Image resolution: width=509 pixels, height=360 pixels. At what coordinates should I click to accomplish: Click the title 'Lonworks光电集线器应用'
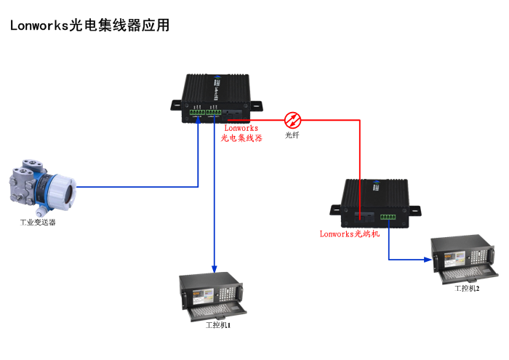point(90,25)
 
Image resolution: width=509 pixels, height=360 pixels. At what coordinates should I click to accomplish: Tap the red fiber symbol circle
point(292,119)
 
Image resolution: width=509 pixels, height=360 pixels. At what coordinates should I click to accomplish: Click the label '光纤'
point(292,135)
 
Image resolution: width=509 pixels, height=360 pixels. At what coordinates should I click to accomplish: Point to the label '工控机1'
point(218,324)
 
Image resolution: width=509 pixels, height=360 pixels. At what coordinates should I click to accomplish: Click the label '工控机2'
point(467,289)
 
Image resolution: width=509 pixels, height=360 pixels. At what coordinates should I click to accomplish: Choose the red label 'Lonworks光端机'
point(350,234)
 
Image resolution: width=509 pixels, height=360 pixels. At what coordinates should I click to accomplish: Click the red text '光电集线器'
point(241,137)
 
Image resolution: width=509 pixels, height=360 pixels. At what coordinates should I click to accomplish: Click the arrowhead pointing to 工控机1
point(215,268)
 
